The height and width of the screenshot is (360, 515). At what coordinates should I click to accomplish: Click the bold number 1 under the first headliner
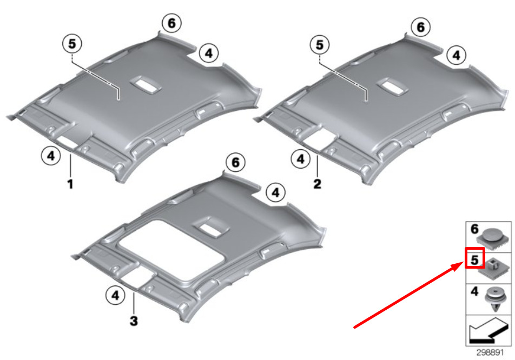pos(70,184)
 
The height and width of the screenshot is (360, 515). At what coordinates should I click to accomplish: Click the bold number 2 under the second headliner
pos(317,183)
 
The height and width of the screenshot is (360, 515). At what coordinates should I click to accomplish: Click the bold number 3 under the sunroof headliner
pos(134,321)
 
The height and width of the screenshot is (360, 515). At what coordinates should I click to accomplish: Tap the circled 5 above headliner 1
pos(72,44)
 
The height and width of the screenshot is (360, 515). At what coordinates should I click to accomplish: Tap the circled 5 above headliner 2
pos(320,45)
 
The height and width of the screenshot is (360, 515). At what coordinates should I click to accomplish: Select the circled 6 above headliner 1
pos(172,23)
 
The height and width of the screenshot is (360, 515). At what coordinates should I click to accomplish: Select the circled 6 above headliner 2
pos(421,27)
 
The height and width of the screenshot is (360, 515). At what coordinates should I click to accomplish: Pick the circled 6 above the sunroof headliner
pos(235,163)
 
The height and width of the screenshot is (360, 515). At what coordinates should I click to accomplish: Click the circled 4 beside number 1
pos(51,156)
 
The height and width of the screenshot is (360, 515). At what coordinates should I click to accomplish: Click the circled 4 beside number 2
pos(301,159)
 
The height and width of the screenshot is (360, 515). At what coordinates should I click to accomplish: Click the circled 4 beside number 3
pos(115,295)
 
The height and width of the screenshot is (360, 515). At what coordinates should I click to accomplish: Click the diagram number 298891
pos(490,352)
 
